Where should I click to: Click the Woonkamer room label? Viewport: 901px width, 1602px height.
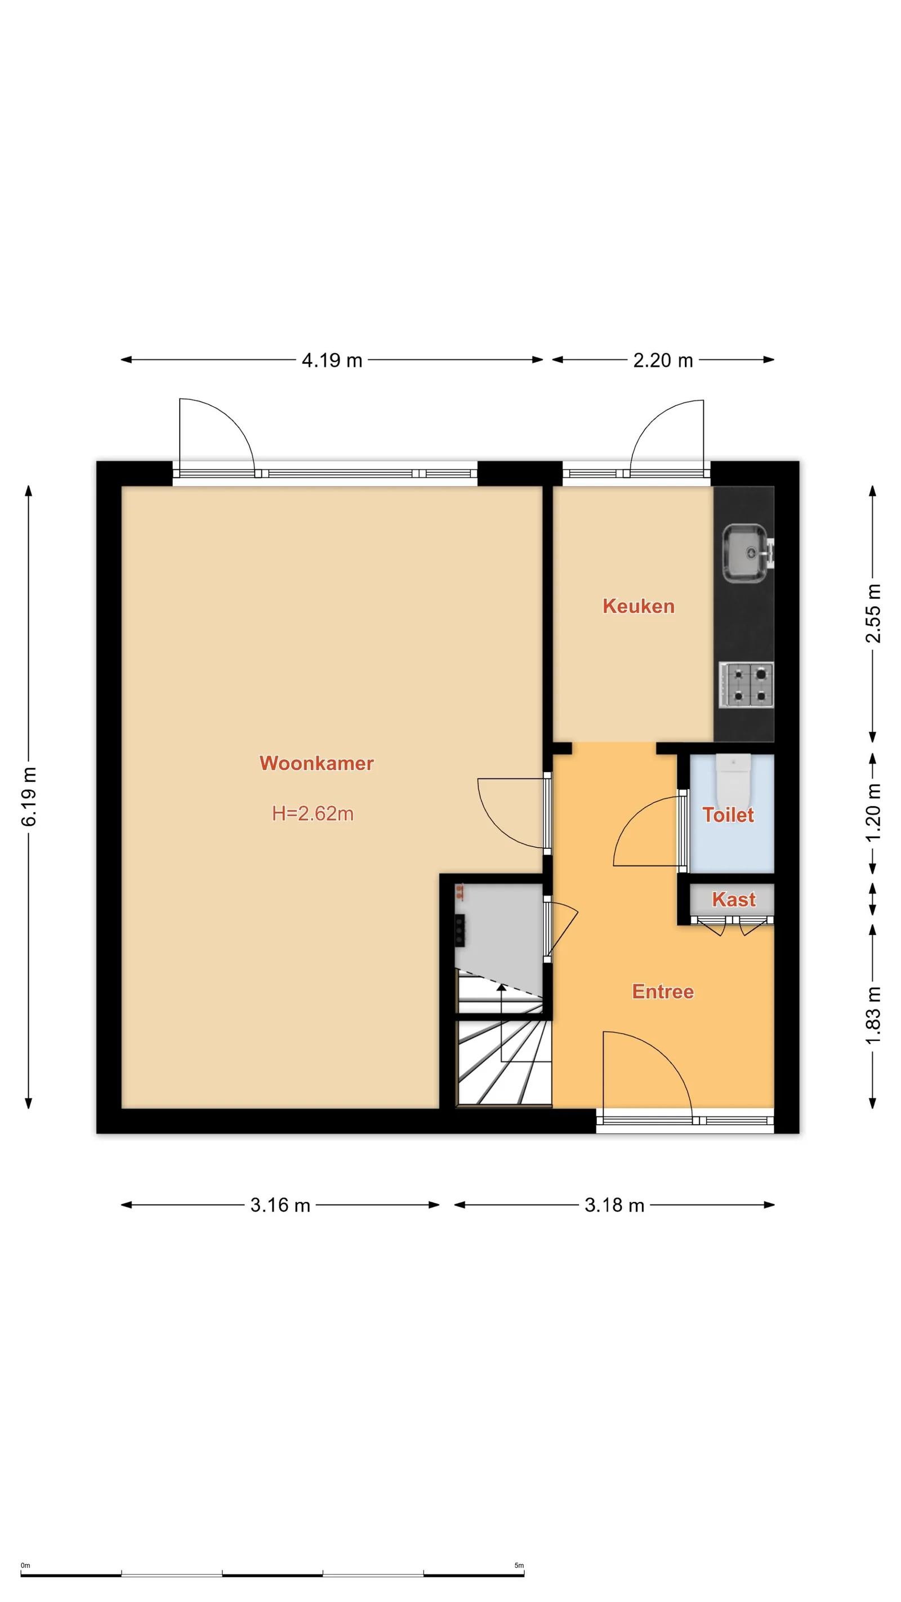click(316, 763)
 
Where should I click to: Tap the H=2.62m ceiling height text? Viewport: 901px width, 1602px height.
click(313, 813)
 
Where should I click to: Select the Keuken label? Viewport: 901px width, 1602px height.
click(639, 606)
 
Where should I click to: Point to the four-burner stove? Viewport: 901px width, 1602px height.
click(746, 685)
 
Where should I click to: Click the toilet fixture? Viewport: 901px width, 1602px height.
click(734, 781)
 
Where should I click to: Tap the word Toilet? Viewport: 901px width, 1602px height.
click(728, 815)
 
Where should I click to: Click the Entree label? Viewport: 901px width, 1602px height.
click(663, 991)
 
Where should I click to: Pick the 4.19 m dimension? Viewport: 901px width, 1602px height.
click(332, 360)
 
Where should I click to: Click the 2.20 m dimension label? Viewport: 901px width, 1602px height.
click(663, 360)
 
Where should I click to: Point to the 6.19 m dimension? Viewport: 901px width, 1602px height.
click(29, 796)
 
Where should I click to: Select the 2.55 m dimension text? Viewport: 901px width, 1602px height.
click(873, 613)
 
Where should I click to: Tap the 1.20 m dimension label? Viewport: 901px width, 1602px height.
click(873, 812)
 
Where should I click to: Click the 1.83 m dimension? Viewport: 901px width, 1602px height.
click(873, 1016)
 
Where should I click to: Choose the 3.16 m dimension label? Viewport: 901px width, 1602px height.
click(280, 1205)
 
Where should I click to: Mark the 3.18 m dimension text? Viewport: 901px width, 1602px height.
click(614, 1205)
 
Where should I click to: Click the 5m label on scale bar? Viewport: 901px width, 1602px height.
click(519, 1565)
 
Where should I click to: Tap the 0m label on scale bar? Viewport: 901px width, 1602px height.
click(25, 1565)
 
